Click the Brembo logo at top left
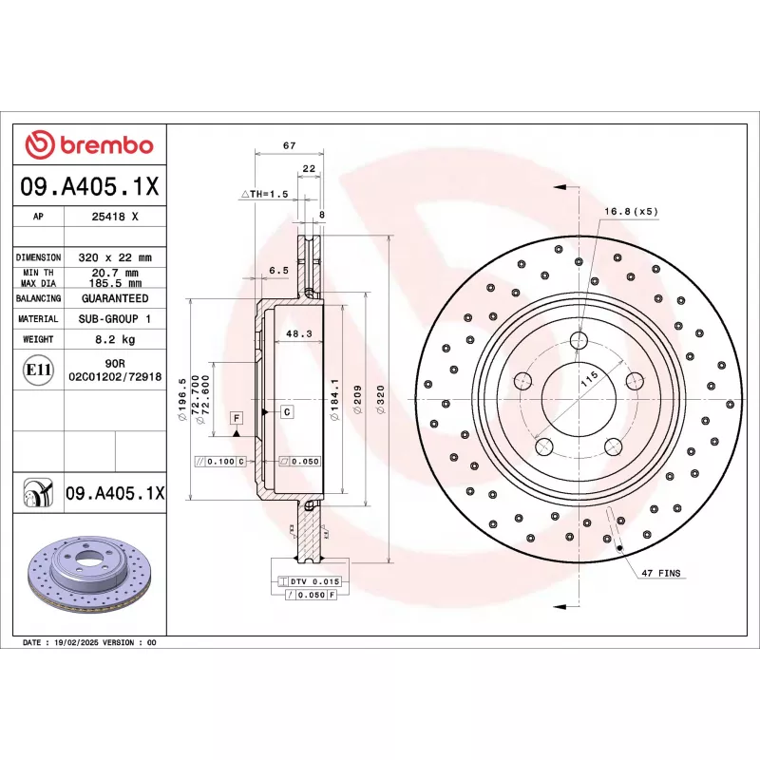click(89, 145)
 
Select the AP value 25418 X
click(115, 217)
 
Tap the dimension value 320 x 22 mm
click(115, 257)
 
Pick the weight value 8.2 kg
click(115, 339)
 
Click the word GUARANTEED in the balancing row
click(115, 298)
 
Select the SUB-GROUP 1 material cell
click(115, 319)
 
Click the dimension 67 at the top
click(290, 145)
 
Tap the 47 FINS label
click(661, 574)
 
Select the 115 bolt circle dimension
click(590, 378)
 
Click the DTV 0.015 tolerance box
click(313, 580)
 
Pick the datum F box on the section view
click(236, 417)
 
